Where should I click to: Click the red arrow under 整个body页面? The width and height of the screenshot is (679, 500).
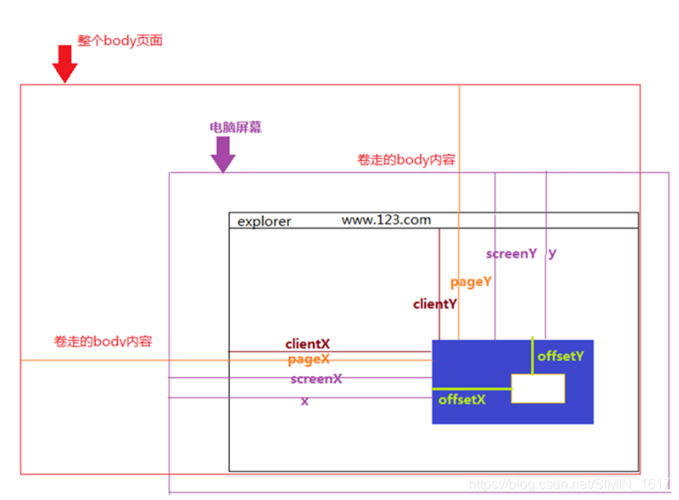[x=64, y=65]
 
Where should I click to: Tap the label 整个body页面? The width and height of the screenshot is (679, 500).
[x=119, y=40]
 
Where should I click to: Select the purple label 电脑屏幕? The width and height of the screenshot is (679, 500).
[x=235, y=127]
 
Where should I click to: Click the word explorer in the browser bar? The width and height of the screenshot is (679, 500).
[x=265, y=221]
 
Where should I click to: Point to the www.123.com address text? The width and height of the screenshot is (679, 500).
[x=386, y=220]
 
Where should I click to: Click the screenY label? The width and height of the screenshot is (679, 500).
[x=511, y=253]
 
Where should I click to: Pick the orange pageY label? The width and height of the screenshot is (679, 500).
[x=471, y=281]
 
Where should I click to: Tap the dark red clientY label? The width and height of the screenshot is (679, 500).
[x=435, y=304]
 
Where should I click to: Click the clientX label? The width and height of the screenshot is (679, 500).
[x=308, y=344]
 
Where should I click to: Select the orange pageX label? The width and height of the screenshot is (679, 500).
[x=309, y=359]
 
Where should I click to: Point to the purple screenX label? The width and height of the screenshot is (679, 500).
[x=317, y=379]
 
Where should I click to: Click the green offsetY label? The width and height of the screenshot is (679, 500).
[x=560, y=356]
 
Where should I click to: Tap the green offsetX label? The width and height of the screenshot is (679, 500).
[x=462, y=399]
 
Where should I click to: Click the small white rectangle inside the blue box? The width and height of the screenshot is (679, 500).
[x=538, y=388]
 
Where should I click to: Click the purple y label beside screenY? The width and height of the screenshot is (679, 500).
[x=553, y=253]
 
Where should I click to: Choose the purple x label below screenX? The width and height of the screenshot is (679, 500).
[x=304, y=401]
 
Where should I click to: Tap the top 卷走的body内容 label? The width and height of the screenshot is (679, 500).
[x=407, y=160]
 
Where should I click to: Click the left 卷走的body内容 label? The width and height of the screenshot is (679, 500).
[x=103, y=341]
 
